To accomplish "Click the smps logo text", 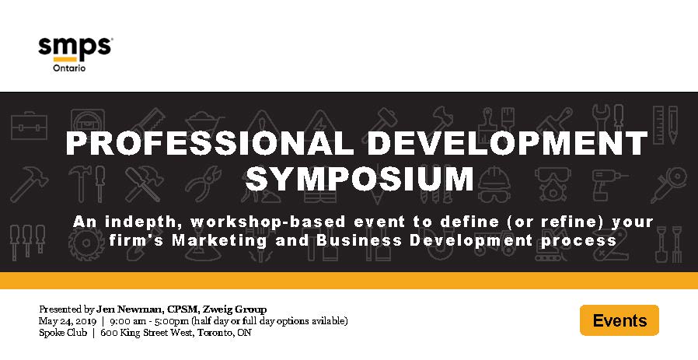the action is tap(75, 47).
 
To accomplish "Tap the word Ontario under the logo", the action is tap(69, 68).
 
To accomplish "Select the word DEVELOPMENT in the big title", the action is tap(508, 143).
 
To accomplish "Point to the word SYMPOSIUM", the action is tap(360, 179).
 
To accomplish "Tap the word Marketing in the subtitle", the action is tap(219, 240).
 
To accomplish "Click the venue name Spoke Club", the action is tap(63, 332).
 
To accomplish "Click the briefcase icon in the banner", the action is tap(29, 126).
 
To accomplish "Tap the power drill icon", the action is tap(609, 183).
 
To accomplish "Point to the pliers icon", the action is tap(204, 183).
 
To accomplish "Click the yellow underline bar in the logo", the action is tap(65, 59).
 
